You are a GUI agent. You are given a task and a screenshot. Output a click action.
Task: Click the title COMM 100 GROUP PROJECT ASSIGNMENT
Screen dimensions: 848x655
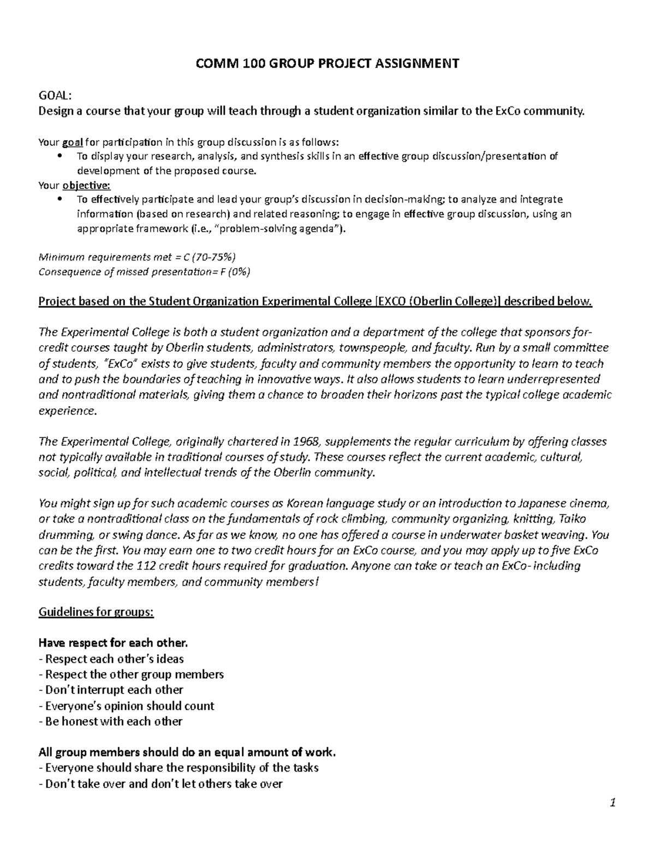coord(327,64)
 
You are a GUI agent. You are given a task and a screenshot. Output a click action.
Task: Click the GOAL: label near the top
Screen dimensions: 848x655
coord(55,96)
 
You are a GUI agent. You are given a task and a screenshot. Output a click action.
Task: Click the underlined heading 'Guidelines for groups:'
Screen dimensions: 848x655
coord(96,612)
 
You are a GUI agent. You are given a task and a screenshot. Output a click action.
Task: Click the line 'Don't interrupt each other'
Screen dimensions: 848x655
coord(111,690)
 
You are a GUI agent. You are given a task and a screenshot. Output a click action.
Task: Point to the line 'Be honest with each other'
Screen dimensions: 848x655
coord(110,721)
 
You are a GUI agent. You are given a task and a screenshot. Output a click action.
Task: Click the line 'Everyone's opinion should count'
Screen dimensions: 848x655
coord(127,705)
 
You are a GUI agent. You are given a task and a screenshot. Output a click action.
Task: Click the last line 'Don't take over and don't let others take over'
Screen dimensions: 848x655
coord(160,784)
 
